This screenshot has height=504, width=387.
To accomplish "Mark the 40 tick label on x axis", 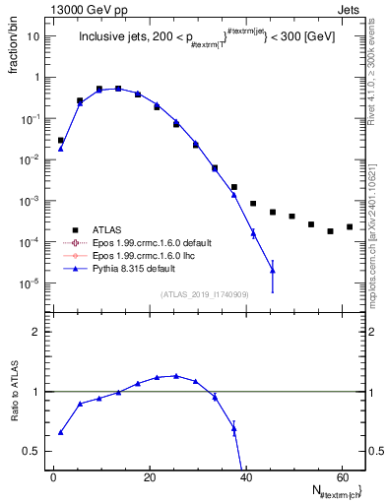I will coord(245,477).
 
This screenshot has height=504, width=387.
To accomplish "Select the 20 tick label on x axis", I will coord(149,477).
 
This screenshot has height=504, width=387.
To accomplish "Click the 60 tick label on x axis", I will coord(341,477).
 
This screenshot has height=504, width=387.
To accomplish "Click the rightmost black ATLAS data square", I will coord(350,226).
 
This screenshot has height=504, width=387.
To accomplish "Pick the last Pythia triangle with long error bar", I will coord(273,271).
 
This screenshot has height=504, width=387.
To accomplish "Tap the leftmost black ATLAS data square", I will coord(60,141).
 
